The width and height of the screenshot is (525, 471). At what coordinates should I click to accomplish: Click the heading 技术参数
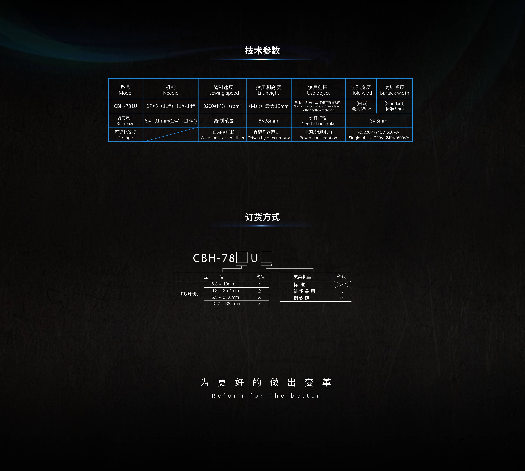(x=262, y=50)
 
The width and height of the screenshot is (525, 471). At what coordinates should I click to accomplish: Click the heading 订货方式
(x=262, y=217)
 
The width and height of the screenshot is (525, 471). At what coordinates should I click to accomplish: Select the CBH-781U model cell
(x=126, y=106)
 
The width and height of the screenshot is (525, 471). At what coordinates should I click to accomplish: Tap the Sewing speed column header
(x=224, y=90)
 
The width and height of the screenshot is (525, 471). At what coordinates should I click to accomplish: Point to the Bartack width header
(x=394, y=90)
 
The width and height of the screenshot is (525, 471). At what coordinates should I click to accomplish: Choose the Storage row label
(x=126, y=135)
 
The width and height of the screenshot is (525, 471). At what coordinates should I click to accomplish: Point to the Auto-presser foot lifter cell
(x=223, y=135)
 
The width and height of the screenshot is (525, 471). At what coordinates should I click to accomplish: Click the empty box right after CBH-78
(x=242, y=257)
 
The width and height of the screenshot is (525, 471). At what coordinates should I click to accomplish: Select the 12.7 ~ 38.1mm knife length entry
(x=226, y=304)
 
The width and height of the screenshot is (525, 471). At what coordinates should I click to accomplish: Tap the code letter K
(x=342, y=291)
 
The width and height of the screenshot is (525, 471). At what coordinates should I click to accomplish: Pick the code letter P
(x=342, y=298)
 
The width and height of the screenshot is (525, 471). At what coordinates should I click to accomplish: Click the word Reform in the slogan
(x=228, y=396)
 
